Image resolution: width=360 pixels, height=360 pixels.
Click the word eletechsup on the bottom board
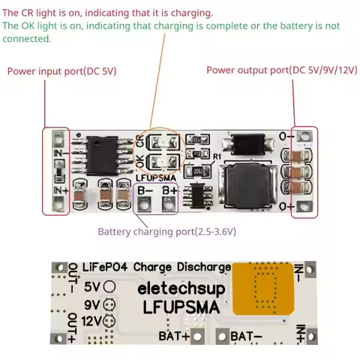pyautogui.click(x=178, y=289)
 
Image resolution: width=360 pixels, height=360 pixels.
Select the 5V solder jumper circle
pyautogui.click(x=109, y=286)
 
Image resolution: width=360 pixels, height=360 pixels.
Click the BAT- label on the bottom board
pyautogui.click(x=247, y=336)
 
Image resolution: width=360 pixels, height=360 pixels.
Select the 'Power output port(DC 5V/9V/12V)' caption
pyautogui.click(x=280, y=70)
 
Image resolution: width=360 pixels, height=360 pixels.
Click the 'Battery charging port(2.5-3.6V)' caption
pyautogui.click(x=166, y=232)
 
